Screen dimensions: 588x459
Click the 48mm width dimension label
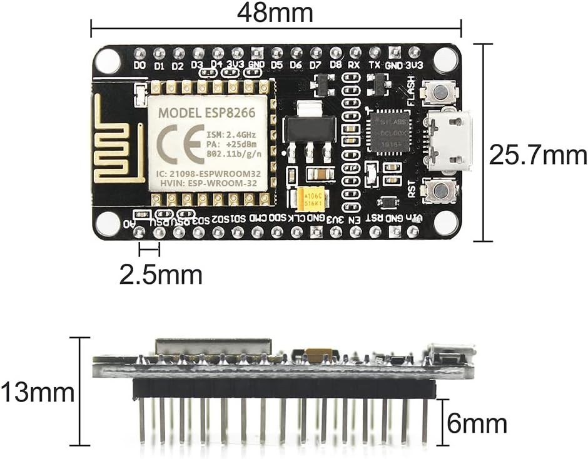tap(275, 12)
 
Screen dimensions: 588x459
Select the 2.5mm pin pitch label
tap(161, 275)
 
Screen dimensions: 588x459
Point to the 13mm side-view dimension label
tap(38, 393)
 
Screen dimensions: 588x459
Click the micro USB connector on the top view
tap(449, 141)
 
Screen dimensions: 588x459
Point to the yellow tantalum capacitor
tap(311, 198)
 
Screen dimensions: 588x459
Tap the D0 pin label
tap(139, 65)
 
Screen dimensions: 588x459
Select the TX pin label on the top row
tap(375, 65)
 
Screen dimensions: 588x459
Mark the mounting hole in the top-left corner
tap(108, 61)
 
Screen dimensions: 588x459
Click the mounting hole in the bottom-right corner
tap(445, 223)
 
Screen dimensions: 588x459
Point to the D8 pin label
tap(336, 65)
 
